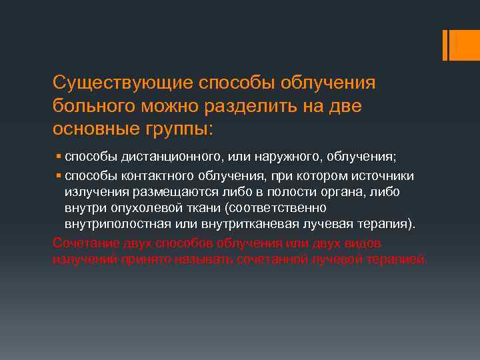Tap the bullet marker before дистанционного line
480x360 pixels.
point(59,157)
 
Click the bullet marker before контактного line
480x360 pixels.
point(59,175)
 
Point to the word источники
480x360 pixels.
point(385,175)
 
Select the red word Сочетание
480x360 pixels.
point(84,242)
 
